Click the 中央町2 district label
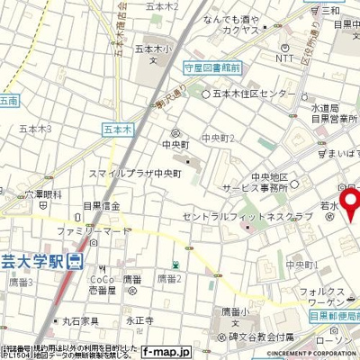[x=219, y=138]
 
